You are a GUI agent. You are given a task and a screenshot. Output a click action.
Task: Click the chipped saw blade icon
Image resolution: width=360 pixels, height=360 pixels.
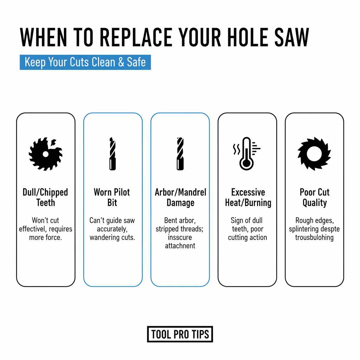pos(45,154)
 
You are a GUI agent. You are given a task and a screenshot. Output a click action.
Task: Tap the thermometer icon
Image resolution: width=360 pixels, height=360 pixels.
pos(246,154)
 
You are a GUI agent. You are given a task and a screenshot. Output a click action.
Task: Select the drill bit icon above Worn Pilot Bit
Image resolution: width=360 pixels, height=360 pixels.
pos(112,154)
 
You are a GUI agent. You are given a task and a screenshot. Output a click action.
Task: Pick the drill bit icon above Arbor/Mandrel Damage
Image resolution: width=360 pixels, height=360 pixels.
pos(180,154)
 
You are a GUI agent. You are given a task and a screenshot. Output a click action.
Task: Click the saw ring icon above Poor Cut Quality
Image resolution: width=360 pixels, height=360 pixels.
pos(314,154)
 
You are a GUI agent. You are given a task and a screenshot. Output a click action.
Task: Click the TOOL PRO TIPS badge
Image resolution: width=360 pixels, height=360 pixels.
pos(180,334)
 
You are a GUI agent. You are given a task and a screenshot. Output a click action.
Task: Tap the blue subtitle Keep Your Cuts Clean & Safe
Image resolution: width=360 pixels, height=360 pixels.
pos(85,62)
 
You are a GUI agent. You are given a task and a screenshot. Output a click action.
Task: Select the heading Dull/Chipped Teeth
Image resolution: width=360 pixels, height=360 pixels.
pos(45,198)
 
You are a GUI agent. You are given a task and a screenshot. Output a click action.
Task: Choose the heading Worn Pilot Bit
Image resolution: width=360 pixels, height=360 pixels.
pos(112,198)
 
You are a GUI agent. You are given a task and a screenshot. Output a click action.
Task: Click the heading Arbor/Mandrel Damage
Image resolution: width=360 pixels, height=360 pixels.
pos(180,198)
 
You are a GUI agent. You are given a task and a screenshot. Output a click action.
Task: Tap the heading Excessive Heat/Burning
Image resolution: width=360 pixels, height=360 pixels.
pos(247,198)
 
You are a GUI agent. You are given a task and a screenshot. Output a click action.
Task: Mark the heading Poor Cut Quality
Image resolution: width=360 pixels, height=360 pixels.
pos(314,198)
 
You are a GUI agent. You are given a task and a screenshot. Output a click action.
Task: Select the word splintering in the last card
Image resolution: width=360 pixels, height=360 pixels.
pos(306,229)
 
